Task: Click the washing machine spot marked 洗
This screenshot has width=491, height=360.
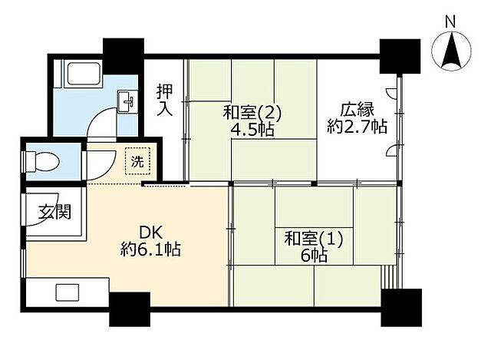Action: point(138,161)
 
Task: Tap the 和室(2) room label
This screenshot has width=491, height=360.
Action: point(253,113)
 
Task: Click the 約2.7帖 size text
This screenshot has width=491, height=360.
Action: point(357,127)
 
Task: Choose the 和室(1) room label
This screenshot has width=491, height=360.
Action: point(315,239)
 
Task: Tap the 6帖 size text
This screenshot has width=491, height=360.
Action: point(315,256)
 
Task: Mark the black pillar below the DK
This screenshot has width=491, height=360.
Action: point(129,306)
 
